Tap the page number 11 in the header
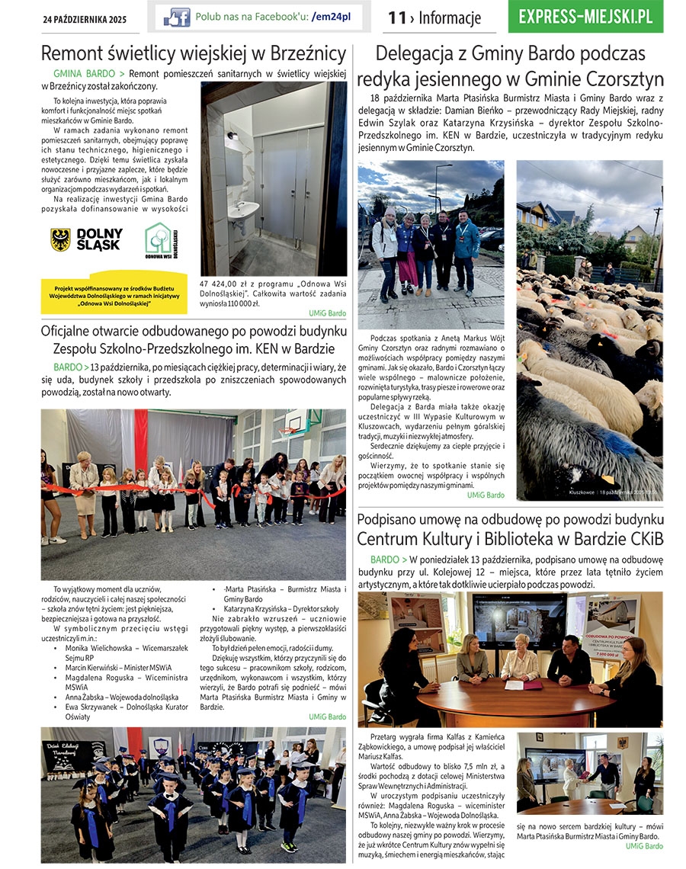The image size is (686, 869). (396, 18)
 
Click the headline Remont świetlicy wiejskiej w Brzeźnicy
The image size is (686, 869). (194, 54)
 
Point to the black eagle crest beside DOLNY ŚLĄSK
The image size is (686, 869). (60, 239)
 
